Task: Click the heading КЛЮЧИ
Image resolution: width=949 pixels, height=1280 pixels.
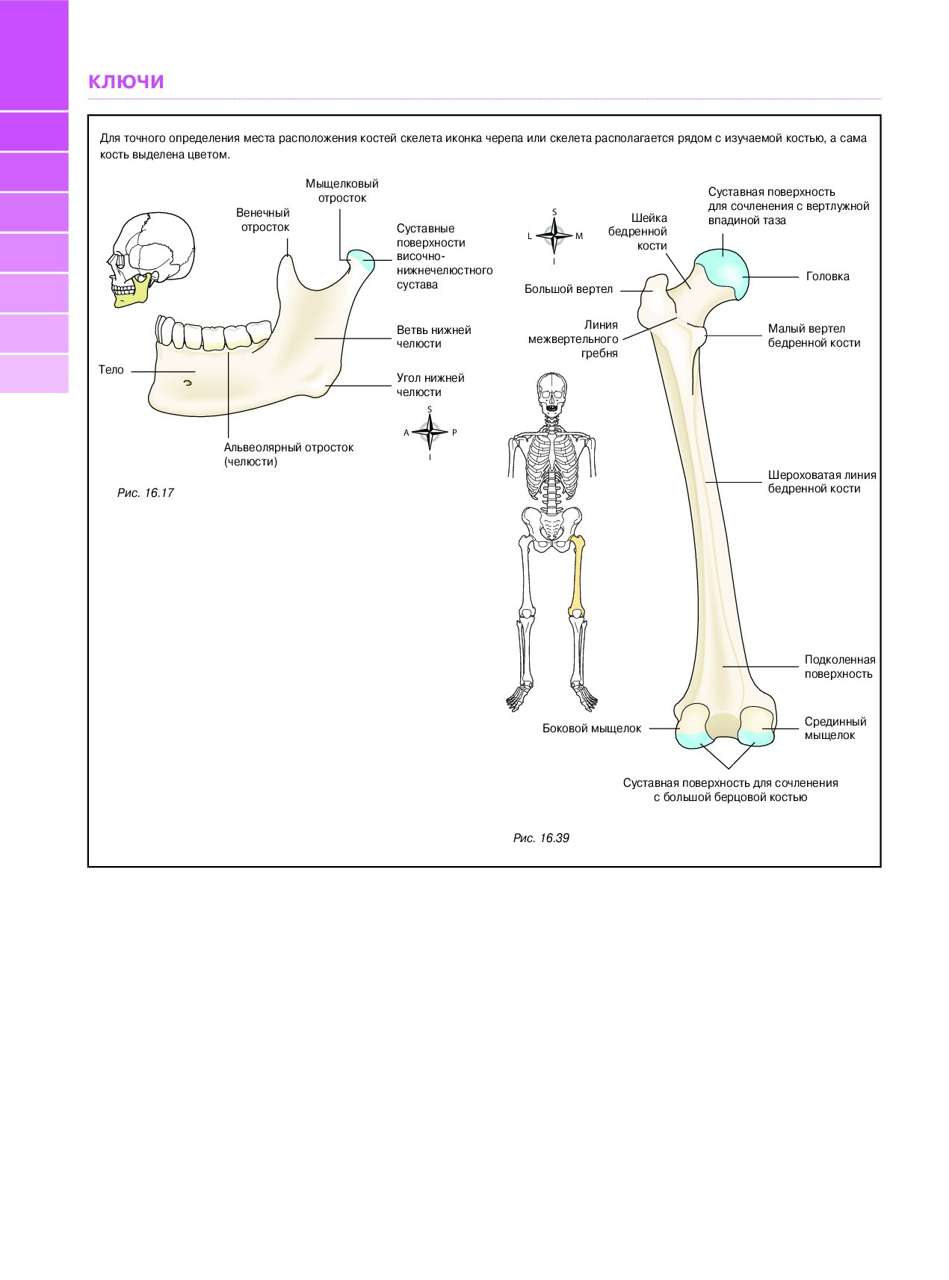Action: point(126,81)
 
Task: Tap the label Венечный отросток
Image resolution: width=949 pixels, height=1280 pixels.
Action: point(264,220)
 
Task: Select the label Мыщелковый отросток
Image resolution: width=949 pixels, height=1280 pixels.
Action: point(342,191)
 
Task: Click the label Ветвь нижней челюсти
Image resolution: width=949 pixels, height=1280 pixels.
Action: point(433,336)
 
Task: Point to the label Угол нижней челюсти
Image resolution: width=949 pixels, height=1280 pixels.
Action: point(430,385)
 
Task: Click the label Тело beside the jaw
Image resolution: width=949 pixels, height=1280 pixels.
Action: point(111,370)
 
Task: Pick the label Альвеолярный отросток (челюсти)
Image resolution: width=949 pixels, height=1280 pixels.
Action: point(288,454)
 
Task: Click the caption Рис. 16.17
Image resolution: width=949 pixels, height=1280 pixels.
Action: point(146,493)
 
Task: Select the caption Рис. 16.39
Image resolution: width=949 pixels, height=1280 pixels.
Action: point(541,838)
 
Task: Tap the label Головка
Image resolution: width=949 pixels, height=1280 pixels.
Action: point(827,276)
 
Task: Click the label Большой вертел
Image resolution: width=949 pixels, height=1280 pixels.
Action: point(569,289)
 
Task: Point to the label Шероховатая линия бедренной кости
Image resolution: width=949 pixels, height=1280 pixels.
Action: point(822,482)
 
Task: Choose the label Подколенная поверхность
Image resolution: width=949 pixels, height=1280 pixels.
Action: point(840,667)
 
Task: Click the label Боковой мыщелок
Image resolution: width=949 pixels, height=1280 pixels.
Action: point(592,729)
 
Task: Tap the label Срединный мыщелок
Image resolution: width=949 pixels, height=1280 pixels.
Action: point(835,729)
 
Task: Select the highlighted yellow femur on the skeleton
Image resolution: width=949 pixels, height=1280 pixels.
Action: point(577,576)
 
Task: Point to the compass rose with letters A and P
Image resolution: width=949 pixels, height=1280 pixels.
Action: point(430,432)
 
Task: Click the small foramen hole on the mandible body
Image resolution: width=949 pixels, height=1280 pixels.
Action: point(187,383)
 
